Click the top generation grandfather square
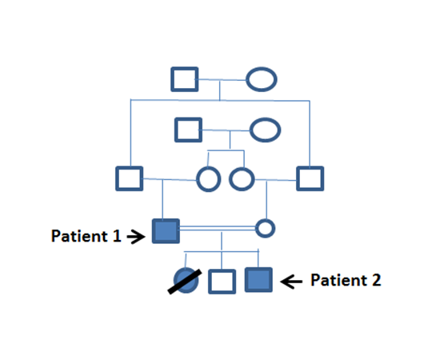[x=185, y=79]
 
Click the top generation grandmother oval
[x=262, y=79]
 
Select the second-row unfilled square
[x=188, y=130]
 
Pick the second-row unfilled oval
[x=265, y=130]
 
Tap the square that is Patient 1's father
[x=129, y=178]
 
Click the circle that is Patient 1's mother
[x=209, y=179]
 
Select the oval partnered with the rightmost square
[x=242, y=179]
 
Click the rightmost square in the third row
[x=310, y=178]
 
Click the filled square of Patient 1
[x=166, y=231]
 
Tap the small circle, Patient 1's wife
[x=265, y=228]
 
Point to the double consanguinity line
[x=218, y=228]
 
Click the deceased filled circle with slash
[x=186, y=280]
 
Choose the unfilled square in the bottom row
[x=222, y=282]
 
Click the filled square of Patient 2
[x=258, y=280]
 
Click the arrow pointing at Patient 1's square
[x=136, y=237]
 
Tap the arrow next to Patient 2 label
[x=291, y=281]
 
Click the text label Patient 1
[x=86, y=236]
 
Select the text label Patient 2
[x=346, y=280]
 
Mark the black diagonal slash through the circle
[x=185, y=282]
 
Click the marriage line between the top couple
[x=222, y=80]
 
